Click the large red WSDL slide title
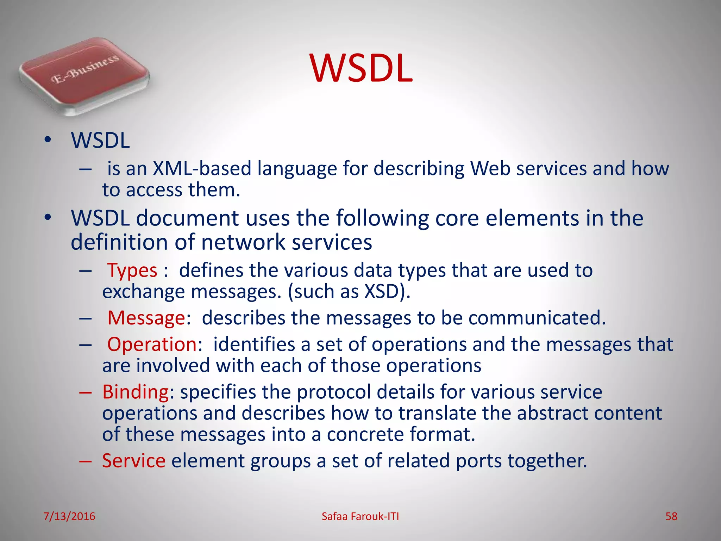361,68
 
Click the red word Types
132,270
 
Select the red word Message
146,318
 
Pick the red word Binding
136,392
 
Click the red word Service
134,460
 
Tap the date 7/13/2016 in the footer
69,516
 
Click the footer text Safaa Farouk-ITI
360,516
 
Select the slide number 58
671,516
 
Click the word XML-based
202,168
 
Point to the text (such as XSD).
349,292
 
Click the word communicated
537,318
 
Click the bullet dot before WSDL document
48,217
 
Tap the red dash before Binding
86,392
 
